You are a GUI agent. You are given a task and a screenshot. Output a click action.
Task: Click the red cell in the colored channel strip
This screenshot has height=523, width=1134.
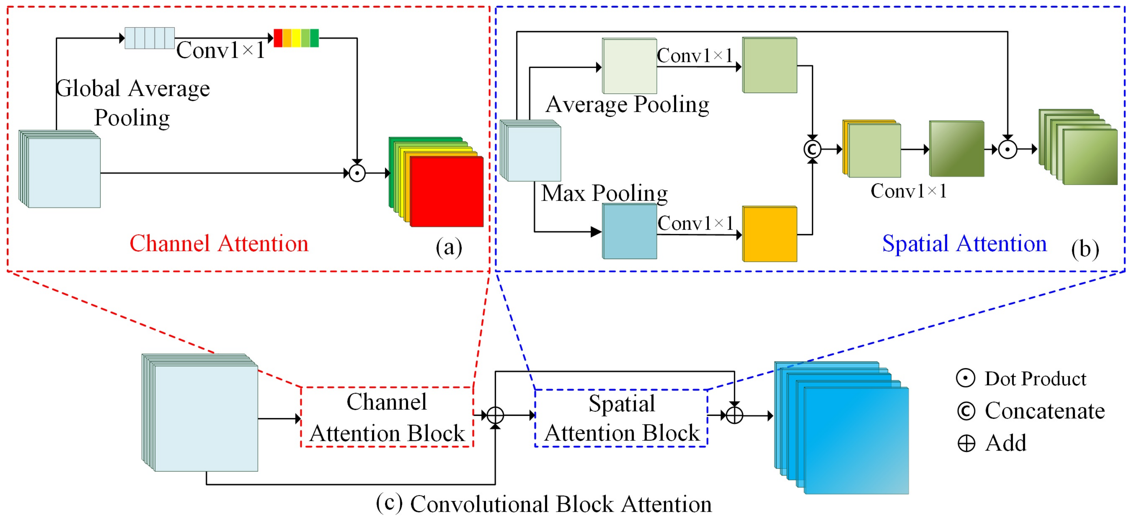[278, 38]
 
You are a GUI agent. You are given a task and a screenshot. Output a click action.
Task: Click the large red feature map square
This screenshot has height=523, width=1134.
[446, 192]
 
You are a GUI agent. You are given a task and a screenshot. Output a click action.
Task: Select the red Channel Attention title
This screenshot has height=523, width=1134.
[219, 244]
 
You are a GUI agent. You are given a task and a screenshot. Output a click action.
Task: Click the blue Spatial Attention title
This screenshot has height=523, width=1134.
[964, 244]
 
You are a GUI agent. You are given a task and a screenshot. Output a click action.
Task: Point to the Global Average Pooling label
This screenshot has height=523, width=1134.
[132, 103]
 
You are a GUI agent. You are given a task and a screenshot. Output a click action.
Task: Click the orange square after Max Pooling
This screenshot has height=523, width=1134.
[770, 234]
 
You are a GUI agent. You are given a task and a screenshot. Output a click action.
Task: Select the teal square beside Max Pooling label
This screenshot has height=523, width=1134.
[630, 231]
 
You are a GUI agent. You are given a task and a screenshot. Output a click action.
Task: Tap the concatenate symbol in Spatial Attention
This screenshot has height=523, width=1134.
[812, 149]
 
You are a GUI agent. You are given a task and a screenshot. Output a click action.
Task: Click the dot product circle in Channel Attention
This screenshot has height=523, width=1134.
[357, 173]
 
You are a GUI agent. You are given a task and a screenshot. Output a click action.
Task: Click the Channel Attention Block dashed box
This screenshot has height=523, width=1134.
[387, 417]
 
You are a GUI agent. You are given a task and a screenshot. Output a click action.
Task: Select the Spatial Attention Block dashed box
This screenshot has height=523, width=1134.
[621, 418]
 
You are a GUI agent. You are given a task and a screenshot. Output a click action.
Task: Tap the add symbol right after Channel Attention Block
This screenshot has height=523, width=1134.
[495, 415]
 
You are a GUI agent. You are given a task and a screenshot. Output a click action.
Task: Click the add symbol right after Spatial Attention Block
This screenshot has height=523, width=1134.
[734, 415]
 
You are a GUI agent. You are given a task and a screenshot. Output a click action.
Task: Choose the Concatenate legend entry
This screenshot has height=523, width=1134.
[1044, 411]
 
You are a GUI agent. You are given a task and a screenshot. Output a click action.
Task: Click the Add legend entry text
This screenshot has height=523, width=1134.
[1005, 443]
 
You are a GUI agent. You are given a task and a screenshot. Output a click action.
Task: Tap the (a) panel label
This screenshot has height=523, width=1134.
[449, 247]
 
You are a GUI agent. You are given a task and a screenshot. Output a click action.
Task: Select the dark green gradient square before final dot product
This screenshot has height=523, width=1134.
[957, 149]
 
